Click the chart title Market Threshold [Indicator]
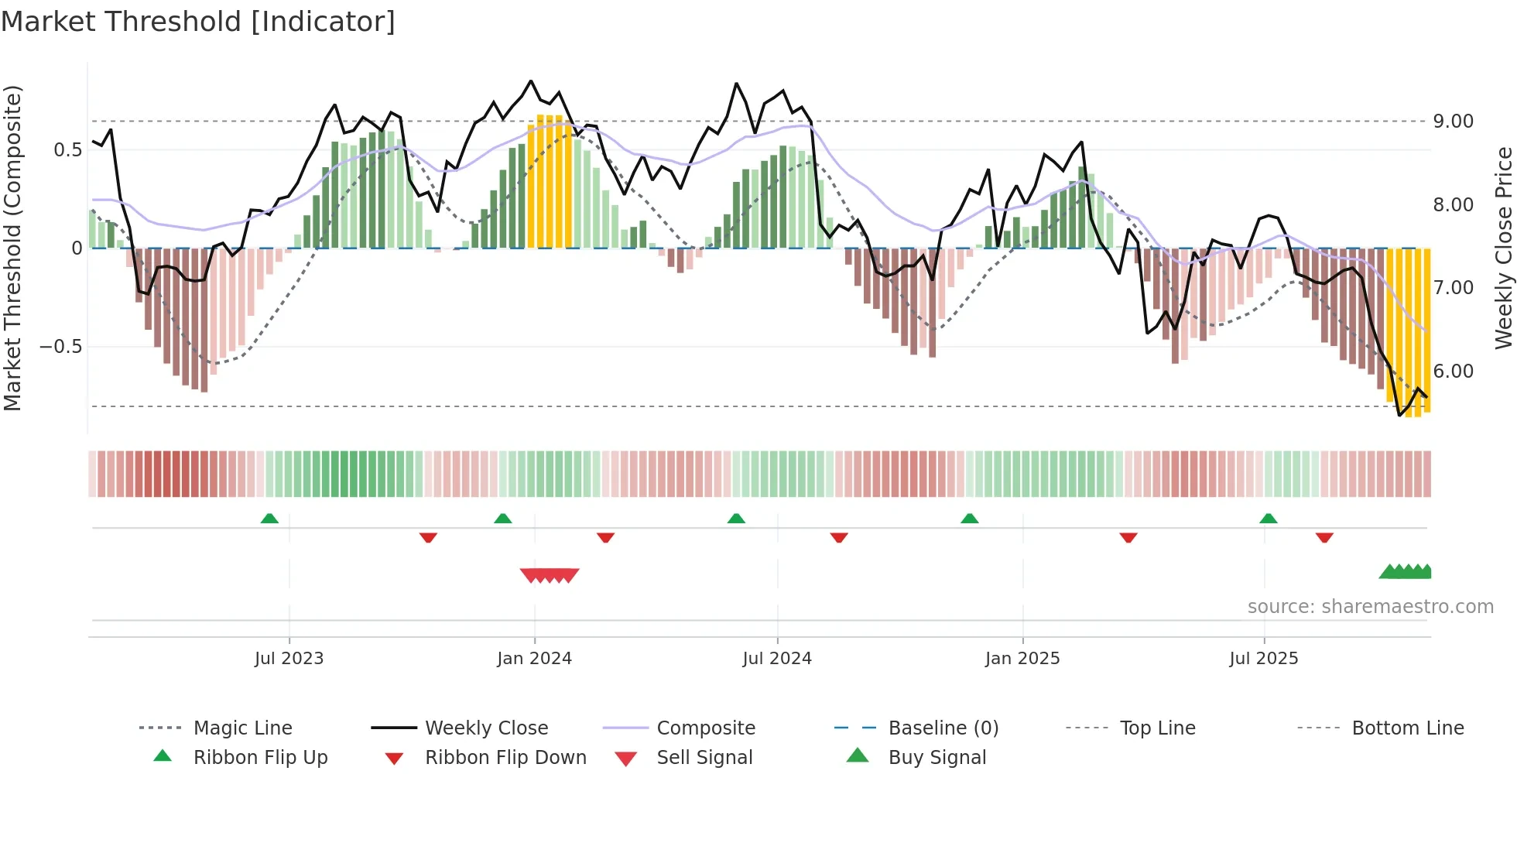[198, 22]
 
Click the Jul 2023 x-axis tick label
[289, 659]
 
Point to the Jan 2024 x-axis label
[534, 659]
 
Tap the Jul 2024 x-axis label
[777, 659]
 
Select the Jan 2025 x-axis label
[1022, 659]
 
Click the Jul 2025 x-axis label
[1264, 659]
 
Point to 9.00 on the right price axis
[1453, 122]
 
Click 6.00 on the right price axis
[1453, 372]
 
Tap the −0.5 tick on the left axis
[61, 347]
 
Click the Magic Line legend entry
[242, 728]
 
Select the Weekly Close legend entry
[486, 728]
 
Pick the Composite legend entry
[705, 728]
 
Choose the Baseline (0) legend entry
[943, 728]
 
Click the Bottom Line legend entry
[1407, 728]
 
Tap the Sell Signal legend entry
[704, 758]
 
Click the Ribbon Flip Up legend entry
[260, 758]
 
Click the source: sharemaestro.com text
[1370, 607]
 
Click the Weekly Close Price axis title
[1503, 248]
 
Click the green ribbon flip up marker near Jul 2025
[1268, 519]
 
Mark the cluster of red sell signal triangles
[550, 575]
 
